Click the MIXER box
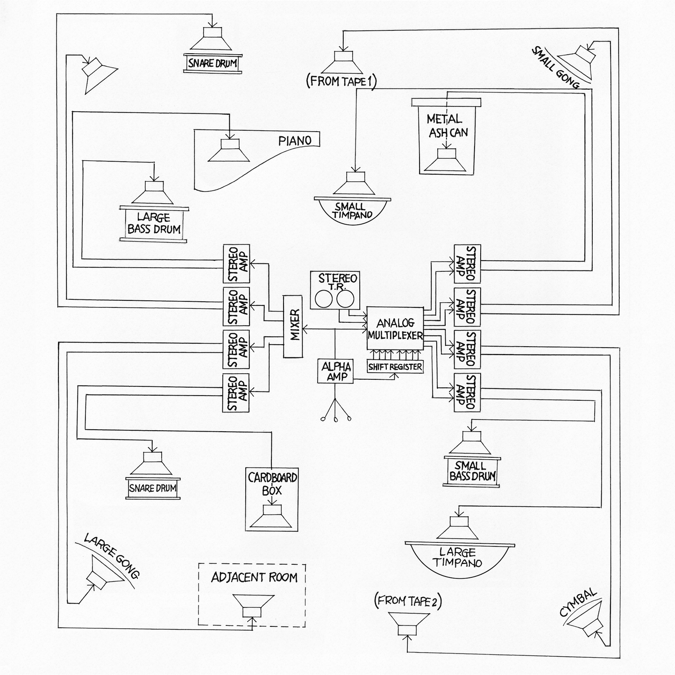click(293, 327)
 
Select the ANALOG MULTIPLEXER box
click(395, 329)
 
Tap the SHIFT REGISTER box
click(395, 367)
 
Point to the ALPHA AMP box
click(335, 371)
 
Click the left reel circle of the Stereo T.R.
click(323, 299)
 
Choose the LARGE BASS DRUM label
click(154, 223)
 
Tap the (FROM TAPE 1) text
click(341, 82)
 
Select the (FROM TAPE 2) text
click(408, 601)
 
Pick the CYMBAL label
click(578, 603)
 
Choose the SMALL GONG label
click(554, 68)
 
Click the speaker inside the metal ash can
click(447, 161)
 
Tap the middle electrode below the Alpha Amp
click(335, 419)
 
